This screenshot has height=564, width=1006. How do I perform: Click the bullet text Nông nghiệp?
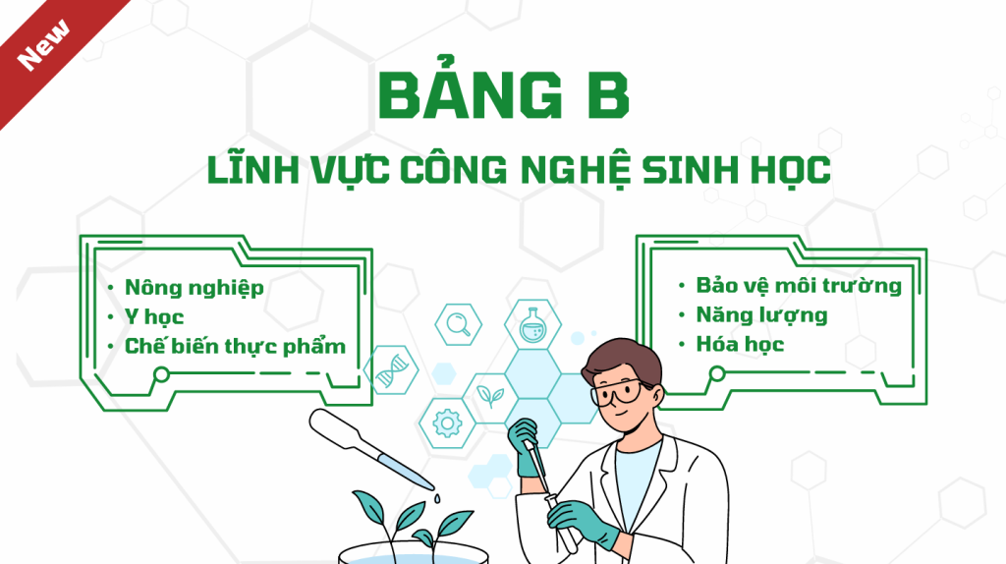(195, 288)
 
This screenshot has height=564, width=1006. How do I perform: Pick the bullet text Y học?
(154, 317)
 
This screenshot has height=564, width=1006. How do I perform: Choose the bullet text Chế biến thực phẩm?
(235, 346)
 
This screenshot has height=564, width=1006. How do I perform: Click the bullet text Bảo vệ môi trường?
(799, 286)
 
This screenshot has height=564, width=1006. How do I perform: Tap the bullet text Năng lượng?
(761, 315)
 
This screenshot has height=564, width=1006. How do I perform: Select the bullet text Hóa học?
(740, 344)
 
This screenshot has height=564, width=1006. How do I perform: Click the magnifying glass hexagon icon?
(458, 324)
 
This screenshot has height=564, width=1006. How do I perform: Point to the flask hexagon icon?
(531, 324)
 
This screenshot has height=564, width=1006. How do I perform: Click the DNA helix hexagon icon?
(391, 370)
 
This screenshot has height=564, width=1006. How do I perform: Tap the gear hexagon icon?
(447, 423)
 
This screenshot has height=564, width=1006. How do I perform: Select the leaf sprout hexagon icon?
(490, 398)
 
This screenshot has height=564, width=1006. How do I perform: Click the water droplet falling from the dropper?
(437, 498)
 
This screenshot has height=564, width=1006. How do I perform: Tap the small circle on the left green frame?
(162, 374)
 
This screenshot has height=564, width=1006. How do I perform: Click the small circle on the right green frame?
(717, 373)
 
